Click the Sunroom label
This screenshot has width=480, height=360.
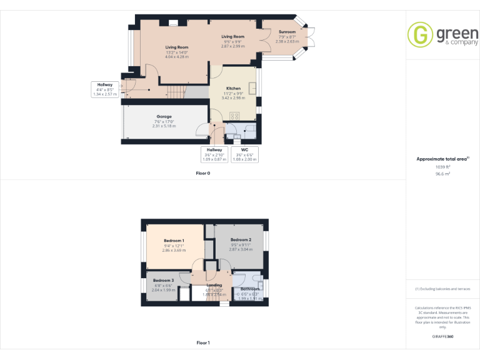[287, 31]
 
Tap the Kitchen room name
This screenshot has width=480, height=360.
[233, 88]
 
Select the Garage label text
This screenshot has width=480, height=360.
[164, 116]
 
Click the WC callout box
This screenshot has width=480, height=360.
[245, 154]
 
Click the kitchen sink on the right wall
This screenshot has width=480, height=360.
[252, 87]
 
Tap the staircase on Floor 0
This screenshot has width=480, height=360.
[177, 92]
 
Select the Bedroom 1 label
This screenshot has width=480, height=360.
[174, 241]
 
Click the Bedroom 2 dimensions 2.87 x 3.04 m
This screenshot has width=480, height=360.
[241, 249]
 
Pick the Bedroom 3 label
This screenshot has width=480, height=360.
[163, 280]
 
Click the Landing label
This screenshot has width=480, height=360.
[214, 285]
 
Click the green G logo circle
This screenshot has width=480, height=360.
[419, 34]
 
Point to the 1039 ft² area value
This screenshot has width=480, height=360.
[442, 167]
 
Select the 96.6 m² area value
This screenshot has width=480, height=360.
[442, 174]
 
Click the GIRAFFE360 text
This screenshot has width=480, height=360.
[442, 336]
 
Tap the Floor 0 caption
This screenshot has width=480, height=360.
[203, 172]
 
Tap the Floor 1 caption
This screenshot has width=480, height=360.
[203, 342]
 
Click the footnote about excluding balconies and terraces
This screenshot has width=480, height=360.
[442, 289]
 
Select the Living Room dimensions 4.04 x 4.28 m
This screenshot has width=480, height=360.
[177, 57]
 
